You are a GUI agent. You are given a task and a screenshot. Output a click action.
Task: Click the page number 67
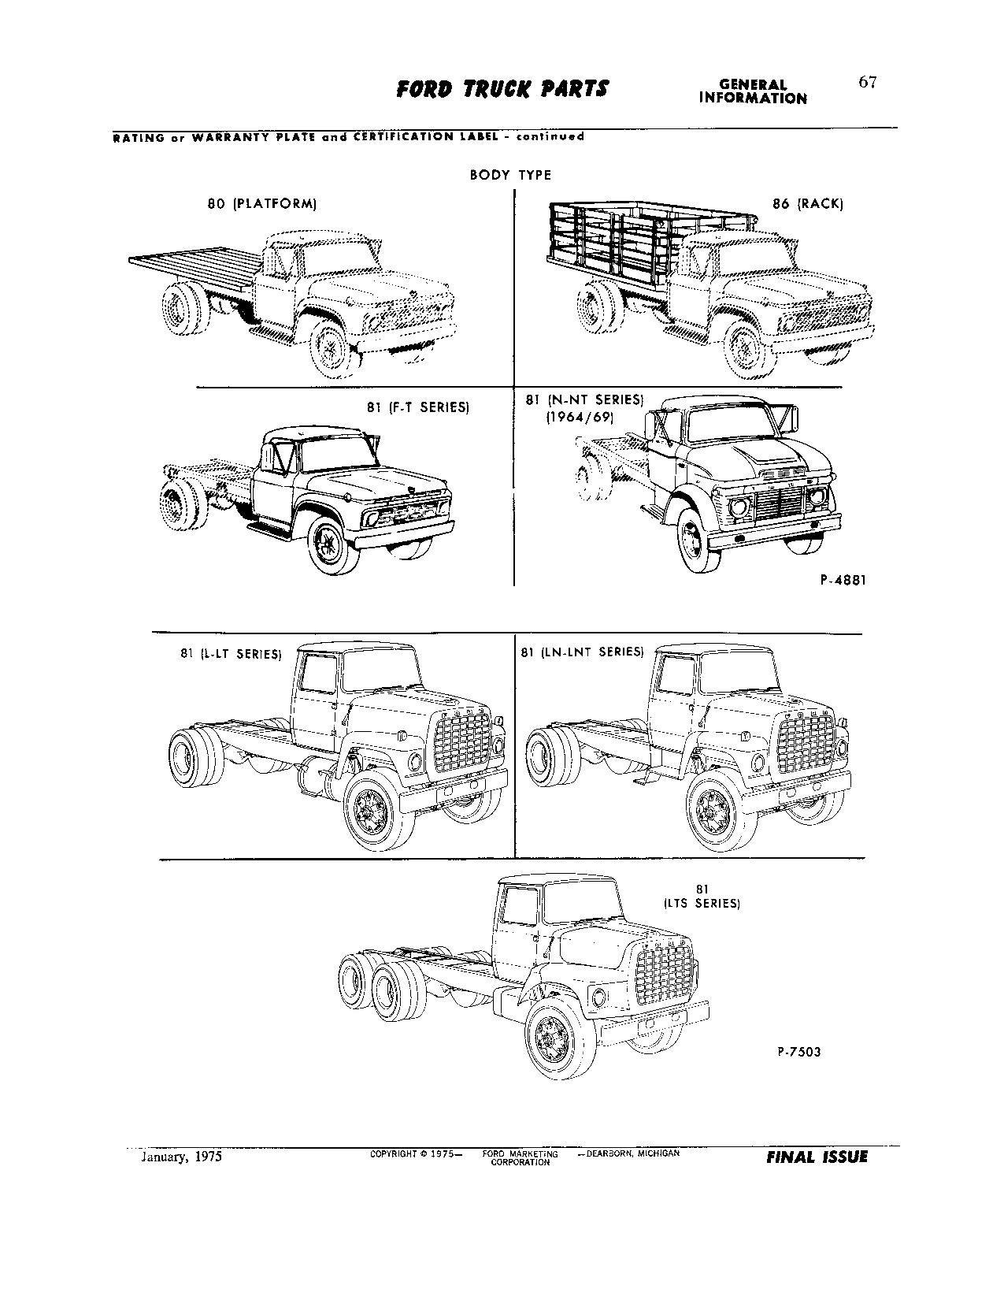point(867,83)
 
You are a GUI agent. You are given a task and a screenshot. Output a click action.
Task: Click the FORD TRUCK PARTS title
point(502,89)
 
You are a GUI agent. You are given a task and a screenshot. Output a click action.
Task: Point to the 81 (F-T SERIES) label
point(417,407)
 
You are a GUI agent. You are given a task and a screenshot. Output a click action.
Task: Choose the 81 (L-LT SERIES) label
point(230,653)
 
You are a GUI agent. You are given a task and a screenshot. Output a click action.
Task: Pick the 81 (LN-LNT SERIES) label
point(582,652)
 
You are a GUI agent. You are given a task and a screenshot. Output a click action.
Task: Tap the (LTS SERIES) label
point(701,904)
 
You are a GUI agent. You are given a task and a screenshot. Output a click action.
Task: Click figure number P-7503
point(798,1051)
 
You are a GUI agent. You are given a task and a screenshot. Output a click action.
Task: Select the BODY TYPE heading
point(510,175)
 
